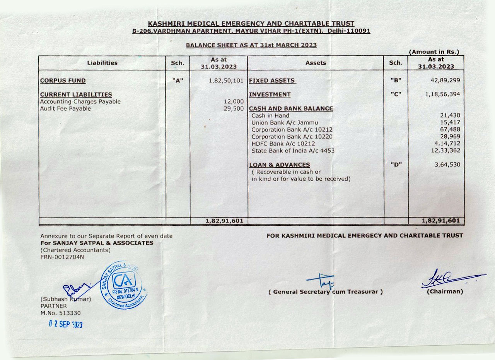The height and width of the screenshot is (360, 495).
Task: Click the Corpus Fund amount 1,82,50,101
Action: [225, 81]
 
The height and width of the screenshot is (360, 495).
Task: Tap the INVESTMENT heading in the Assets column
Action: [270, 94]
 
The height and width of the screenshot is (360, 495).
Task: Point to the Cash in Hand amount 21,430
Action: [450, 115]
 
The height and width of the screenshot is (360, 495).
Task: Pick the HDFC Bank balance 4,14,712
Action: [448, 144]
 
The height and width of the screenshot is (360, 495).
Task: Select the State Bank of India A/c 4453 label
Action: [293, 151]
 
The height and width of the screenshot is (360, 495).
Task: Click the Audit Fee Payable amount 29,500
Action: [234, 109]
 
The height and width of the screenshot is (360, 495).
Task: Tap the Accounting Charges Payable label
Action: [80, 102]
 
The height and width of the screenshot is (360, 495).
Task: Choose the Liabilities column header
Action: [102, 63]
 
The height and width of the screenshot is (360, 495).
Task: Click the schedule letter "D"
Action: [396, 165]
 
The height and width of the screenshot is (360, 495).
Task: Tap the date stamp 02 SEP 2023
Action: [66, 324]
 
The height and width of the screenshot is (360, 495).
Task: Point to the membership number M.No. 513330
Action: [61, 313]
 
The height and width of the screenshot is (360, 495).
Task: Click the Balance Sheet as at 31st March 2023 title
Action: [251, 45]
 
